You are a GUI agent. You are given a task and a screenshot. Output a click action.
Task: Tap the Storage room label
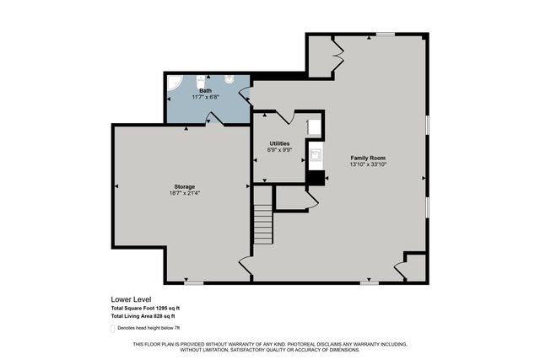tap(185, 186)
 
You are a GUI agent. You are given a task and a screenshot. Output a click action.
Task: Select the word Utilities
tap(279, 143)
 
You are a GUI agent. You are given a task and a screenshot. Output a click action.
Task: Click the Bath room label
tap(205, 90)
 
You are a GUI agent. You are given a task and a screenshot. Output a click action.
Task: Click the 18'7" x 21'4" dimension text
tap(185, 193)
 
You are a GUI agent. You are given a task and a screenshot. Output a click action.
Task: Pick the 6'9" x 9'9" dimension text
tap(279, 150)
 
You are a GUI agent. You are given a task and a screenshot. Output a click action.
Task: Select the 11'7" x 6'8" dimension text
tap(205, 97)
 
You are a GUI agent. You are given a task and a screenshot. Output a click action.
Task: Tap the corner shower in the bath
tap(174, 84)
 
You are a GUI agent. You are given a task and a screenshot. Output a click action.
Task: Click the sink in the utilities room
tap(315, 155)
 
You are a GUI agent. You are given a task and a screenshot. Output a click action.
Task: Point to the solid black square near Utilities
tap(316, 177)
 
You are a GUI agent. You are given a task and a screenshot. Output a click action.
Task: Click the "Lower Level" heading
tap(128, 299)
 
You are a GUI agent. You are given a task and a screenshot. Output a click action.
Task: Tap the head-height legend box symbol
tap(113, 327)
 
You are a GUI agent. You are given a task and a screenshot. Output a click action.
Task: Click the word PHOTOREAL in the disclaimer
tap(270, 345)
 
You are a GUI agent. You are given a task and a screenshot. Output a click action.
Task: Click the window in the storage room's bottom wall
tap(194, 282)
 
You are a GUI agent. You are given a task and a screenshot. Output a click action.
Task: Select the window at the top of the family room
tap(386, 35)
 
